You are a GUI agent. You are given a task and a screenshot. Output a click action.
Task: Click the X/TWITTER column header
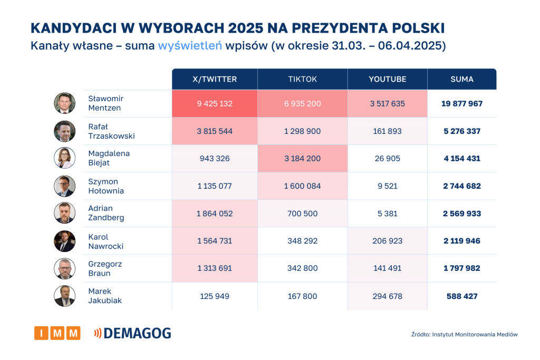215,79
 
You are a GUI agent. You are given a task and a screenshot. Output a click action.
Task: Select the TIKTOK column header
303,79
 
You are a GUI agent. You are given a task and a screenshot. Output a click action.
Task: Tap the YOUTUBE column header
388,79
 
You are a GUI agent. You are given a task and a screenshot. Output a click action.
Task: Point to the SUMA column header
462,79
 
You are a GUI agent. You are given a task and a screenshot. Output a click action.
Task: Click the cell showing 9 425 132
215,103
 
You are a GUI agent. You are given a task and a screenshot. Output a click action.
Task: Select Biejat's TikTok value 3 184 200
303,158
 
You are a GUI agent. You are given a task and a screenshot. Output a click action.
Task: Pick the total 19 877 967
462,103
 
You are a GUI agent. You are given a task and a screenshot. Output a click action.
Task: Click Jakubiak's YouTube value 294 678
388,296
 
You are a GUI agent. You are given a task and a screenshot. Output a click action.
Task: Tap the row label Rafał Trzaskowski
111,131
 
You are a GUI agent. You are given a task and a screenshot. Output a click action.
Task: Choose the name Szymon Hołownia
106,186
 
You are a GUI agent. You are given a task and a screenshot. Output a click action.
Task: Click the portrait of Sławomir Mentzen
65,103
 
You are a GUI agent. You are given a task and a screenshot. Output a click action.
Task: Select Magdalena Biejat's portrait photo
65,158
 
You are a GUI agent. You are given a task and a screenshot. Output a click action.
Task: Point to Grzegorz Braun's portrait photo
65,268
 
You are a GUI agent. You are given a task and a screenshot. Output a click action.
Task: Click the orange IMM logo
57,333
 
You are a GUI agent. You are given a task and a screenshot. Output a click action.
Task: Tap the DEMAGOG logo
133,333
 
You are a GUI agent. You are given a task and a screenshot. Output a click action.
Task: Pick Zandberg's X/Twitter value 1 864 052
215,213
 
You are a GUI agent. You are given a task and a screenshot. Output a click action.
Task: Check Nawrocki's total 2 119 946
462,241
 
